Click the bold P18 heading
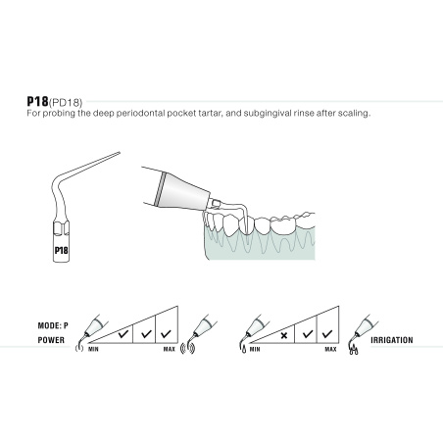pyautogui.click(x=38, y=101)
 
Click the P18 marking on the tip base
pyautogui.click(x=61, y=249)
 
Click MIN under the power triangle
pyautogui.click(x=94, y=349)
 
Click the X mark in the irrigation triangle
pyautogui.click(x=283, y=335)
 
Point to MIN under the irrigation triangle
pyautogui.click(x=254, y=349)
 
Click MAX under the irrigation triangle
pyautogui.click(x=330, y=349)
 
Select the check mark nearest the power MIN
pyautogui.click(x=124, y=336)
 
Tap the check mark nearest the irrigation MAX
pyautogui.click(x=328, y=332)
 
